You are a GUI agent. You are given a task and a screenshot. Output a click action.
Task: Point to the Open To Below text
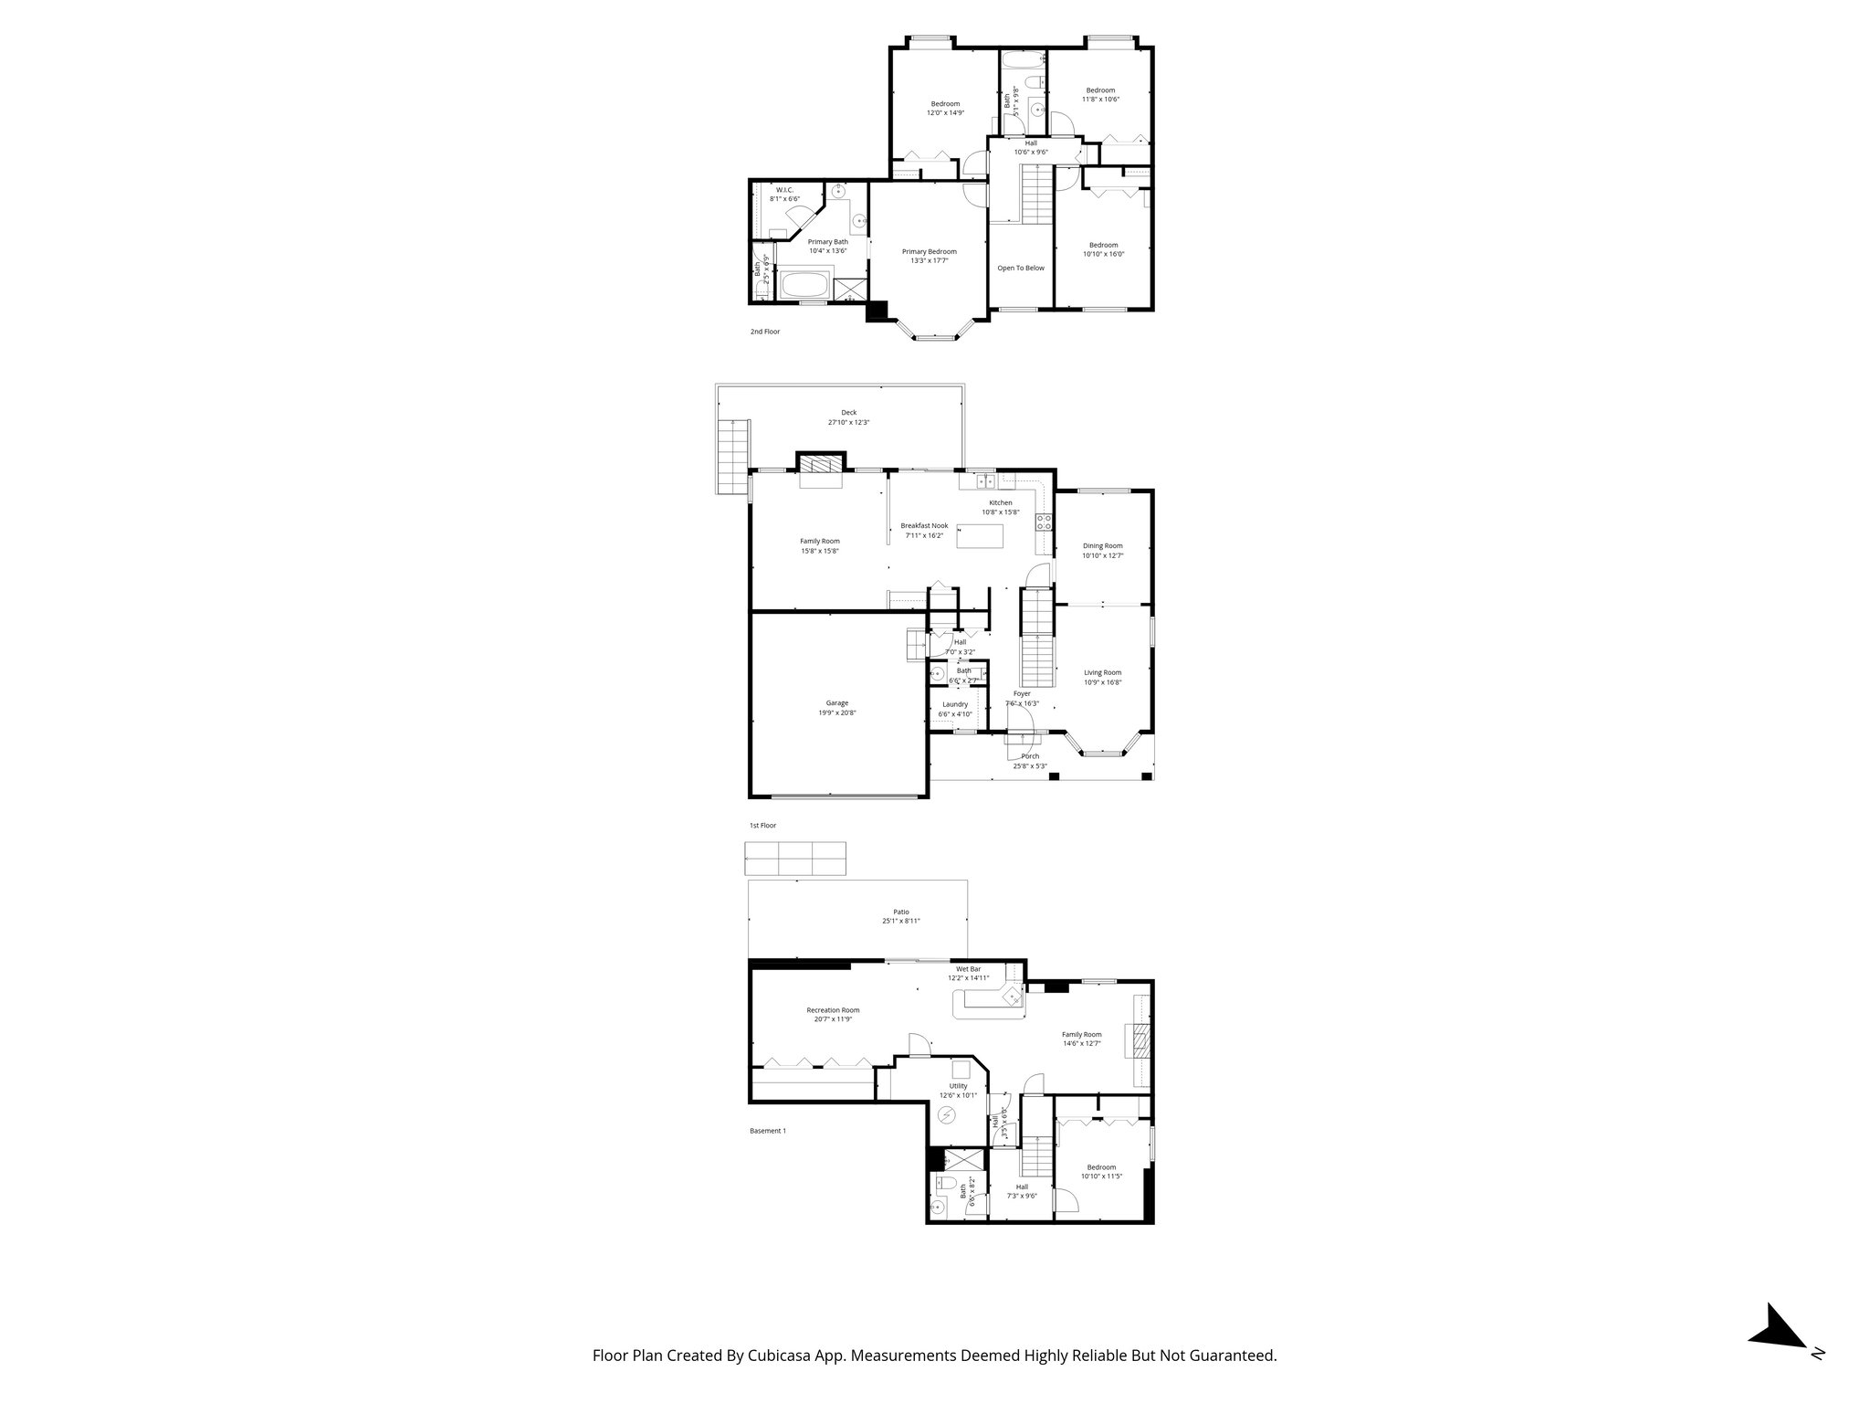1021,268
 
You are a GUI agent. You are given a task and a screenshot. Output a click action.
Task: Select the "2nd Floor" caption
765,332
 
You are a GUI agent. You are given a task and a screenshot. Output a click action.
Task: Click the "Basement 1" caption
767,1131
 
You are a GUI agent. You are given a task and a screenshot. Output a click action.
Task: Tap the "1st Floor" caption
762,826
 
